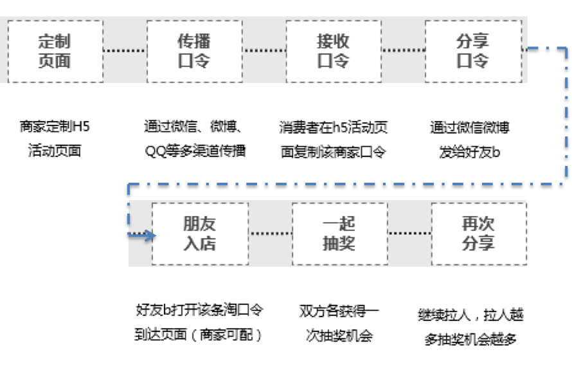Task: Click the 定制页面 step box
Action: click(55, 51)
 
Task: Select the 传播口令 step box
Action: click(194, 51)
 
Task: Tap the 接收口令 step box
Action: click(333, 51)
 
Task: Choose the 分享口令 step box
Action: click(472, 51)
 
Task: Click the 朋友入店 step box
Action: click(200, 234)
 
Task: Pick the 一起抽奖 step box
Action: click(339, 234)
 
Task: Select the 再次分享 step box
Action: click(479, 234)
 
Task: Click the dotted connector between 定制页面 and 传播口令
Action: click(125, 50)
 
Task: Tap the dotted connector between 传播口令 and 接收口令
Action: click(264, 50)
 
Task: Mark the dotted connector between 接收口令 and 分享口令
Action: click(403, 50)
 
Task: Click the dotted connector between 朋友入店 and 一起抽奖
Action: click(270, 233)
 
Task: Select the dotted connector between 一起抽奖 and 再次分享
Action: click(409, 233)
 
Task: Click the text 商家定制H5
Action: click(55, 127)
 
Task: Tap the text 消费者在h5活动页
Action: click(334, 127)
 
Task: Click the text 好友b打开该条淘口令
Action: click(200, 310)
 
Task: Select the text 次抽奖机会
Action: click(339, 336)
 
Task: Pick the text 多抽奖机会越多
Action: click(470, 339)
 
